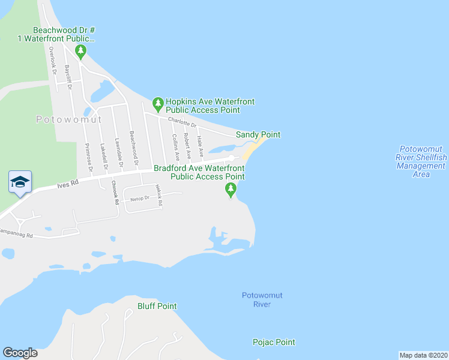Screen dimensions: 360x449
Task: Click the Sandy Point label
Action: [258, 135]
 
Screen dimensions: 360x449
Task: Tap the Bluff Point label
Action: [157, 306]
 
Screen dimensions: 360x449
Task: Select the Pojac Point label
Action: [274, 342]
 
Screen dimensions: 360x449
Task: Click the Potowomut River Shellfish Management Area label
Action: [421, 161]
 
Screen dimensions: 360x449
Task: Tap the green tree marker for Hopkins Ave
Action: [158, 105]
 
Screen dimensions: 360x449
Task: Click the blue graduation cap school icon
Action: [20, 182]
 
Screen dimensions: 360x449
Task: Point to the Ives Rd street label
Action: [68, 185]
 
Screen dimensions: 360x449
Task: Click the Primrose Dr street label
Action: [88, 156]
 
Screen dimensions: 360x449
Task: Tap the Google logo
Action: [20, 353]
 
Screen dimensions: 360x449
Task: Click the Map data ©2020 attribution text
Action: [423, 355]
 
